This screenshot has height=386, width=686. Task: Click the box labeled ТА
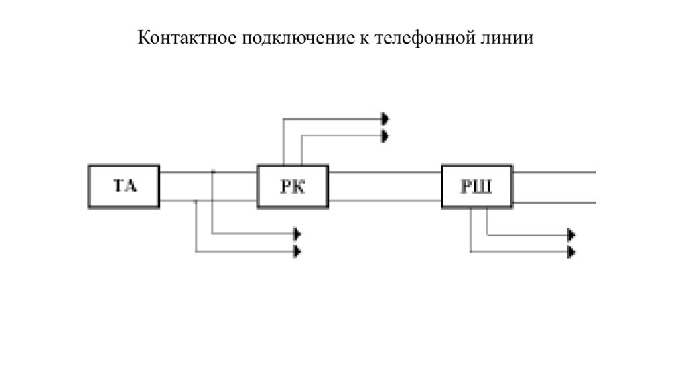pyautogui.click(x=124, y=186)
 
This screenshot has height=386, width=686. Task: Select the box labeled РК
pyautogui.click(x=293, y=186)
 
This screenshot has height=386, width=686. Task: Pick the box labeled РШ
pyautogui.click(x=478, y=186)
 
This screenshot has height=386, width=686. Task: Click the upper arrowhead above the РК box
pyautogui.click(x=385, y=119)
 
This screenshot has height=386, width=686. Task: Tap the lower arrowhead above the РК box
pyautogui.click(x=385, y=136)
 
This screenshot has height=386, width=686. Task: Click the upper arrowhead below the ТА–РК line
pyautogui.click(x=297, y=234)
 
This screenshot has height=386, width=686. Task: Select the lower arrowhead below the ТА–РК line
pyautogui.click(x=297, y=251)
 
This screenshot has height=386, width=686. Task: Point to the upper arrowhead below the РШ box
pyautogui.click(x=571, y=235)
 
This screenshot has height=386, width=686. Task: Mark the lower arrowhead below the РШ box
pyautogui.click(x=571, y=252)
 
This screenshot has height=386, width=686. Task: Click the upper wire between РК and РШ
pyautogui.click(x=385, y=172)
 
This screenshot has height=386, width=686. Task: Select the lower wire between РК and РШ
pyautogui.click(x=385, y=200)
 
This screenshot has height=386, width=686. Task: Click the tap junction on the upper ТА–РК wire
pyautogui.click(x=212, y=172)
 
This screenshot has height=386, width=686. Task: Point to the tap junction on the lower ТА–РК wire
pyautogui.click(x=195, y=200)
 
